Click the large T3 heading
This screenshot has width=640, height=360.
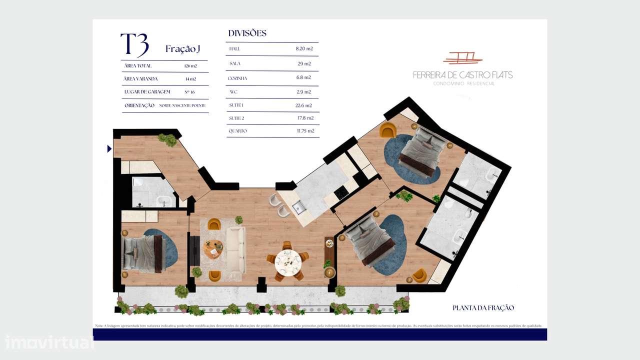134,44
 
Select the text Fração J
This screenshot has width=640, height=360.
183,49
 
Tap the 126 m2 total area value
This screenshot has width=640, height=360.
190,66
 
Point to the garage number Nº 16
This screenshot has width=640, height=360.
189,92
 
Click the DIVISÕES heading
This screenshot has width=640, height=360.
247,33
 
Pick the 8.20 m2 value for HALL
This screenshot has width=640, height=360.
304,49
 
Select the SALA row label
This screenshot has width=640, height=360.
235,64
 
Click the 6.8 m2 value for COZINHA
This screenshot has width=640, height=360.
304,78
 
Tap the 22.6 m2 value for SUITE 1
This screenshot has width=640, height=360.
303,105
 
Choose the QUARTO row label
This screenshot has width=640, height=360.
237,131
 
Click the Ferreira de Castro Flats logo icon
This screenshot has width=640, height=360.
462,58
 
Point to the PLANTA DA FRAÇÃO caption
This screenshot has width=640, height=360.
483,308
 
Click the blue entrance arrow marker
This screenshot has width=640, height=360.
109,148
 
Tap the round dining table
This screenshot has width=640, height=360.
288,260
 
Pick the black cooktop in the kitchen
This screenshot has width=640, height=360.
341,191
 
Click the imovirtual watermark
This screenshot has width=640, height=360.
49,342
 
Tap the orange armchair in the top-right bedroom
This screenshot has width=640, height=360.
387,130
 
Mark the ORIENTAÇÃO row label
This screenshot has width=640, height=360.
139,106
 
